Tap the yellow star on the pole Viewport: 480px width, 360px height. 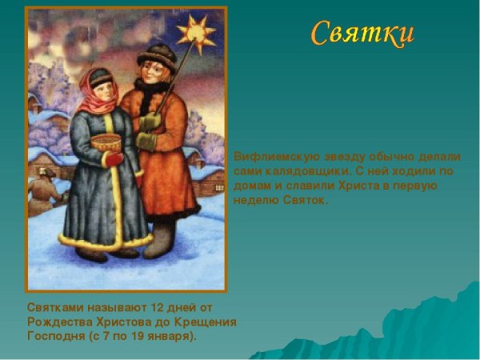[x=196, y=33]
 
